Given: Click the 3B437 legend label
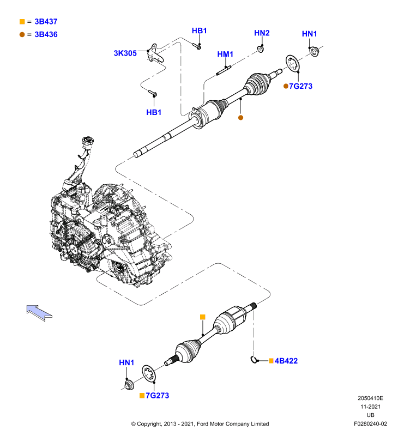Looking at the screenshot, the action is pyautogui.click(x=46, y=21).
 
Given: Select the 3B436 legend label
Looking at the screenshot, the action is pyautogui.click(x=46, y=34).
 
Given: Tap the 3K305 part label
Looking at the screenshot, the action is pyautogui.click(x=125, y=53).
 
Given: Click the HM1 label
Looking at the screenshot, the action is pyautogui.click(x=225, y=54).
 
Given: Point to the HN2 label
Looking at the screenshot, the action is pyautogui.click(x=262, y=33).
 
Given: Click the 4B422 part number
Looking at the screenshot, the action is pyautogui.click(x=286, y=361).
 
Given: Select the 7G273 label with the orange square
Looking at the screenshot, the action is pyautogui.click(x=158, y=396).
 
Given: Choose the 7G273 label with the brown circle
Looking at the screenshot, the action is pyautogui.click(x=300, y=86).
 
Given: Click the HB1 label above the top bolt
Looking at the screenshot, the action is pyautogui.click(x=199, y=31).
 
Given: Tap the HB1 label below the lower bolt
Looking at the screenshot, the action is pyautogui.click(x=154, y=112).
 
